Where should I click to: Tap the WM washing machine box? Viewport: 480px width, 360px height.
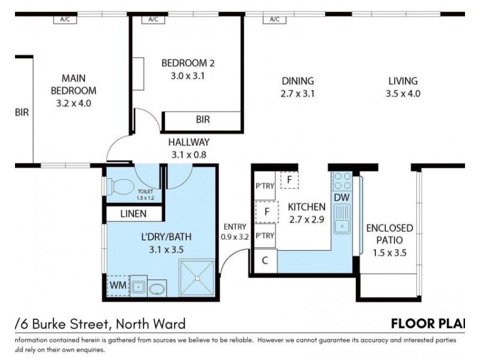(118, 285)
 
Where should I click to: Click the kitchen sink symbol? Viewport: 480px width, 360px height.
(343, 218)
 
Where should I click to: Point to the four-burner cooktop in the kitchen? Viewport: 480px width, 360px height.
(342, 181)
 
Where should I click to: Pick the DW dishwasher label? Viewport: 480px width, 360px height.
(341, 197)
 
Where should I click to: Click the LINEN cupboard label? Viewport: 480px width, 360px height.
(133, 214)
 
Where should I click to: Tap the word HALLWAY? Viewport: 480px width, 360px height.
(188, 142)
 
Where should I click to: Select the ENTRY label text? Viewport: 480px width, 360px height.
(235, 226)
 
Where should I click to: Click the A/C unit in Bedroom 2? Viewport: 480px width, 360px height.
(153, 19)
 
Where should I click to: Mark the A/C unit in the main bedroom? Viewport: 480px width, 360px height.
(65, 19)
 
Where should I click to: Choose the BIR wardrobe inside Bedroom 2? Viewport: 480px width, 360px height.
(203, 120)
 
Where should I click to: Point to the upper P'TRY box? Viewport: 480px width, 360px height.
(265, 186)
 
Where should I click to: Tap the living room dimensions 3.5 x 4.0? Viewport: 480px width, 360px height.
(403, 94)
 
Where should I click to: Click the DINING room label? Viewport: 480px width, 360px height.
(297, 81)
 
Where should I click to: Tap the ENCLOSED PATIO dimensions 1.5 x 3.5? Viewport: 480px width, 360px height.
(389, 253)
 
